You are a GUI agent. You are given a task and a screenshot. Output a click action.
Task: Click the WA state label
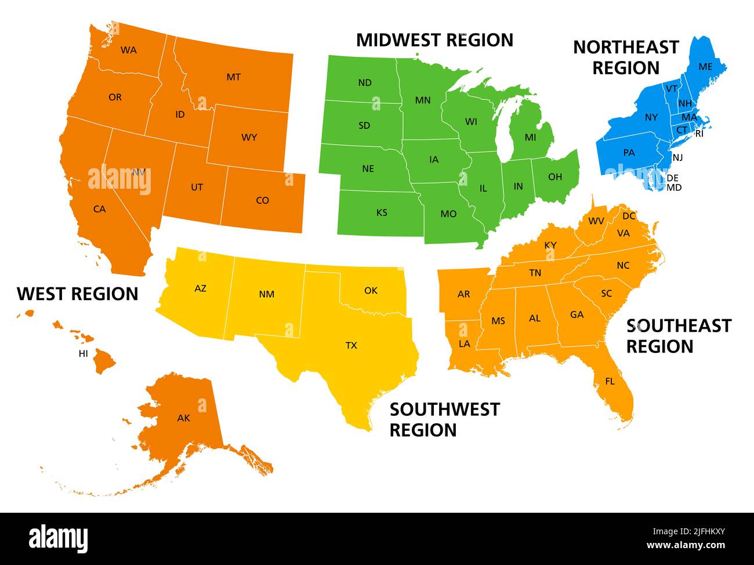[129, 50]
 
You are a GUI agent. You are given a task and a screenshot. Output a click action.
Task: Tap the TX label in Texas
[351, 346]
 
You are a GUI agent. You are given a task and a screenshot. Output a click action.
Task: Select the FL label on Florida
[610, 382]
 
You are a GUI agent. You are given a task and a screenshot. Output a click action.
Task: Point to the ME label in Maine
[705, 67]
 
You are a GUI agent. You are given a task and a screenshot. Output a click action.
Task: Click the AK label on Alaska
[183, 418]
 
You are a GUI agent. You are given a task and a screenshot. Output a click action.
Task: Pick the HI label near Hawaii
[84, 353]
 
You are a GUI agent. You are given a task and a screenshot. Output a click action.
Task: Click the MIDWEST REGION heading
[434, 40]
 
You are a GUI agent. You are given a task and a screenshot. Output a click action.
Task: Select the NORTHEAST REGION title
[626, 57]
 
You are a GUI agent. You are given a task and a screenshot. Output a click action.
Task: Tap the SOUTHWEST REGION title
[444, 419]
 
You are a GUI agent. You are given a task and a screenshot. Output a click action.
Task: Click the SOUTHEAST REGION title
[679, 336]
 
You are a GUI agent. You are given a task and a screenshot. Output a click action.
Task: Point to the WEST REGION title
[78, 294]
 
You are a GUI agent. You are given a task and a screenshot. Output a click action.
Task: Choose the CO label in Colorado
[262, 200]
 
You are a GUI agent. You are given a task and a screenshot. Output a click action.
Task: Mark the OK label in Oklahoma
[371, 290]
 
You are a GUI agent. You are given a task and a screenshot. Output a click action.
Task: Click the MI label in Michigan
[530, 138]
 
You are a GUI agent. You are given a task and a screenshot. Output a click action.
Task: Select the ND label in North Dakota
[365, 82]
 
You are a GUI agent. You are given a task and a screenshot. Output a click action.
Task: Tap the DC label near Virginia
[629, 216]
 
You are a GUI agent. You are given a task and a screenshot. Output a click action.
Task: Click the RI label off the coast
[699, 134]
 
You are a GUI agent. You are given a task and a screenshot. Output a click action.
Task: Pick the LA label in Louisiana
[464, 344]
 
